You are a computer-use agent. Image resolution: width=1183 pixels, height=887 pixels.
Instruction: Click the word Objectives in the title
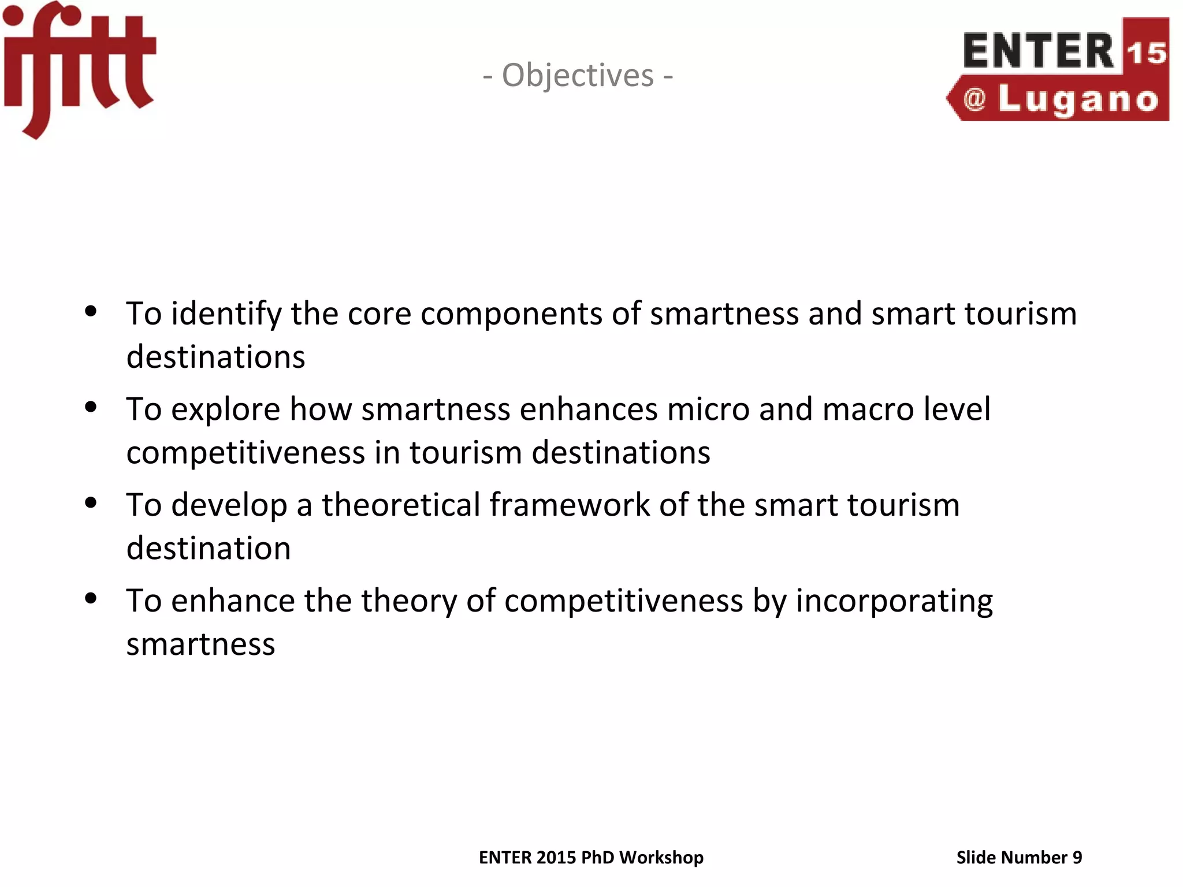pos(578,76)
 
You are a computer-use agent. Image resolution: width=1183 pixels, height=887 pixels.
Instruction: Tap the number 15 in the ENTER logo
pos(1146,53)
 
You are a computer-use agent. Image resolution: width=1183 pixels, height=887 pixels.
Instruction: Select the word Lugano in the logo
pos(1078,100)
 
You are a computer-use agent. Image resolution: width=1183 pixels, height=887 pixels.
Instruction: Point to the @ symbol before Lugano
pos(974,99)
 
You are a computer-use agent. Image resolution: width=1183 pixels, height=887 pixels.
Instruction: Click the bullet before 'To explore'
pos(91,408)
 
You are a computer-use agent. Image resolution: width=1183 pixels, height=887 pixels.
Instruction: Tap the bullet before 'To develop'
pos(91,503)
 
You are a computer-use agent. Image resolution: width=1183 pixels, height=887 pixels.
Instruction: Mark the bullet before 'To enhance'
pos(91,599)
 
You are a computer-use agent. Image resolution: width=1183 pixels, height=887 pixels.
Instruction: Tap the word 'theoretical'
pos(401,505)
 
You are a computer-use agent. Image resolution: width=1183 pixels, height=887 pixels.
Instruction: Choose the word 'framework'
pos(570,505)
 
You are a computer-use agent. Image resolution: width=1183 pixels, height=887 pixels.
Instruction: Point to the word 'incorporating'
pos(894,602)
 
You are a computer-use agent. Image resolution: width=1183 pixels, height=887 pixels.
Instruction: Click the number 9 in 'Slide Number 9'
pos(1077,858)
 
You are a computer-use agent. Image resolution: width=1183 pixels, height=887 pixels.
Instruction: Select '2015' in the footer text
pos(556,858)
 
